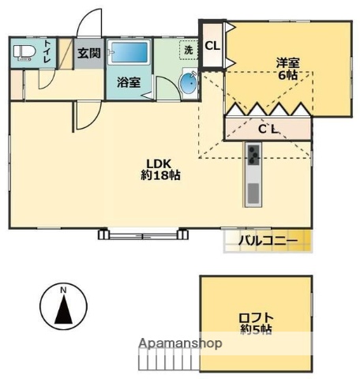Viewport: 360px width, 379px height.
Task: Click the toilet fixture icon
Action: coord(22,54)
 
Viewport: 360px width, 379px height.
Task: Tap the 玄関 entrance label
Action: coord(88,53)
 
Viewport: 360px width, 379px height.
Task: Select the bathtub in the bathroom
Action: coord(129,54)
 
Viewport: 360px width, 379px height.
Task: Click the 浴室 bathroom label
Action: coord(128,81)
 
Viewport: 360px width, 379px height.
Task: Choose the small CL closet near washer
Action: coord(212,46)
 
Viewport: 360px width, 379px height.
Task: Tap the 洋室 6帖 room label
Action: coord(287,69)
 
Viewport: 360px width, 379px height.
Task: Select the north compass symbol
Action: coord(62,307)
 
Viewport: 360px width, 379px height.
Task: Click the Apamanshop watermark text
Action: coord(181,343)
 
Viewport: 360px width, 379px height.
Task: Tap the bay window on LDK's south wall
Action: coord(146,234)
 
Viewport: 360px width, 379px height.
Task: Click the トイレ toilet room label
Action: coord(48,52)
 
